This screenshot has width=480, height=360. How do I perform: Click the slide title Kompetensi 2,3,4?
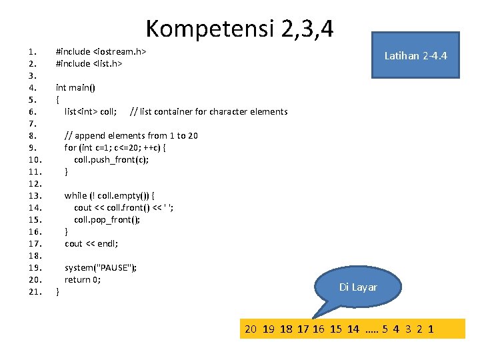[240, 28]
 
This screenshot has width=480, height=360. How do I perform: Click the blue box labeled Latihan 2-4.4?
[415, 55]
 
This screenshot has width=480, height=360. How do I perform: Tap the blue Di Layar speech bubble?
[358, 287]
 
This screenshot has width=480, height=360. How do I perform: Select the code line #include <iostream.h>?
[101, 51]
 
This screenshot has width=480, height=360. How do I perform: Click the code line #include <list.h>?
[89, 63]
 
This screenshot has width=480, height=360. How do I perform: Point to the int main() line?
[75, 87]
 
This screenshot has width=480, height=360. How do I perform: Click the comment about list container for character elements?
[209, 111]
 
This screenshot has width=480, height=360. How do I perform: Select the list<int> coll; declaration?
[91, 111]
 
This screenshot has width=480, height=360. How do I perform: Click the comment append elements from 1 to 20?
[131, 135]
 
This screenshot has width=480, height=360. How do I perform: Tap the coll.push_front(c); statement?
[111, 159]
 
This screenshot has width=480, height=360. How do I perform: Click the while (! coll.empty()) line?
[109, 195]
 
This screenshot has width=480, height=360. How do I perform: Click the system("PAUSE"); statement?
[101, 267]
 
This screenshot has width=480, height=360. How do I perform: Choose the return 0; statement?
[83, 279]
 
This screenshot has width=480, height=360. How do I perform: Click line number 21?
[35, 291]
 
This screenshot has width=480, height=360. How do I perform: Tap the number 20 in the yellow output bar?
[251, 329]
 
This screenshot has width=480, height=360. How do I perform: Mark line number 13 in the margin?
[35, 195]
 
